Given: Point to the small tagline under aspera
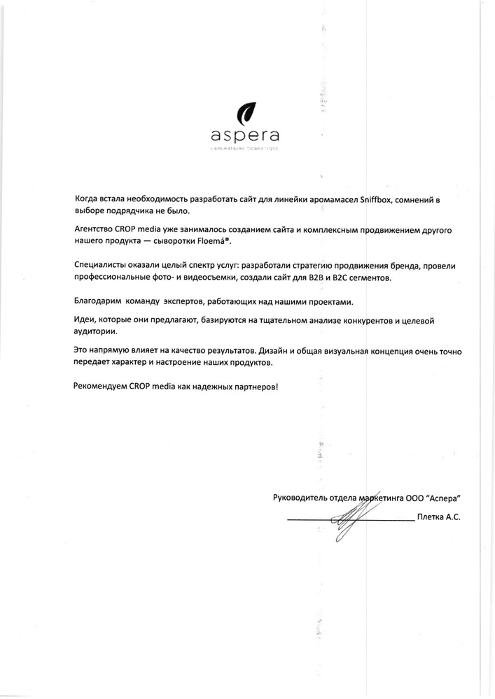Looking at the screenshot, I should point(246,149).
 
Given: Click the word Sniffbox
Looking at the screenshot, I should point(377,199).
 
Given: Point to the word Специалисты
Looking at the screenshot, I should point(100,266).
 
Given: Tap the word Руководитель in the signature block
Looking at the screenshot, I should point(303,498).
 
